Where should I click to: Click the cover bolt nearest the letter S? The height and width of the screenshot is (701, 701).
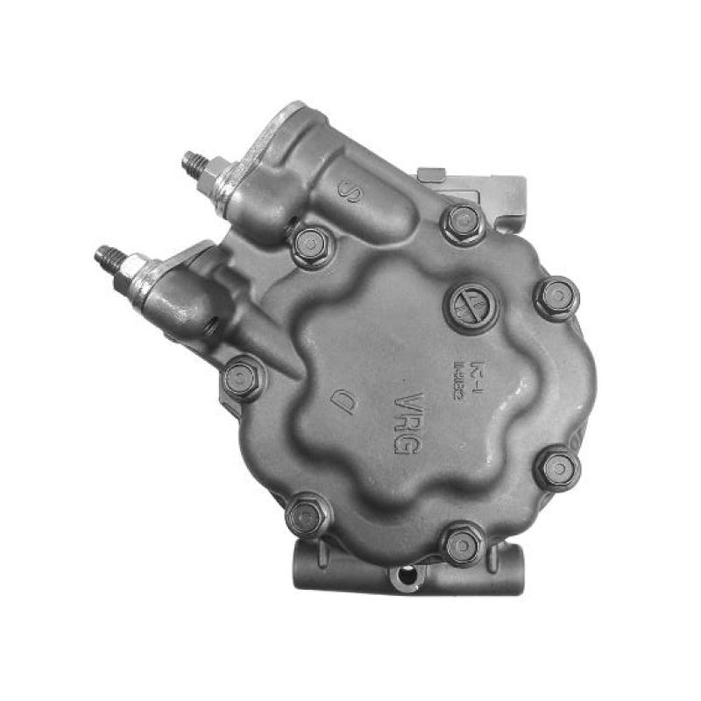311,246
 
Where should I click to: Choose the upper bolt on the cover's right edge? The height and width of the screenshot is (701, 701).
556,299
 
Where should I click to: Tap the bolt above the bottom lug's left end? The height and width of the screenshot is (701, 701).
307,515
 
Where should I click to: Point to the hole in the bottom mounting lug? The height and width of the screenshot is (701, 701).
404,576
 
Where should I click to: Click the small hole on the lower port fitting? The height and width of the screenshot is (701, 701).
211,326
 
